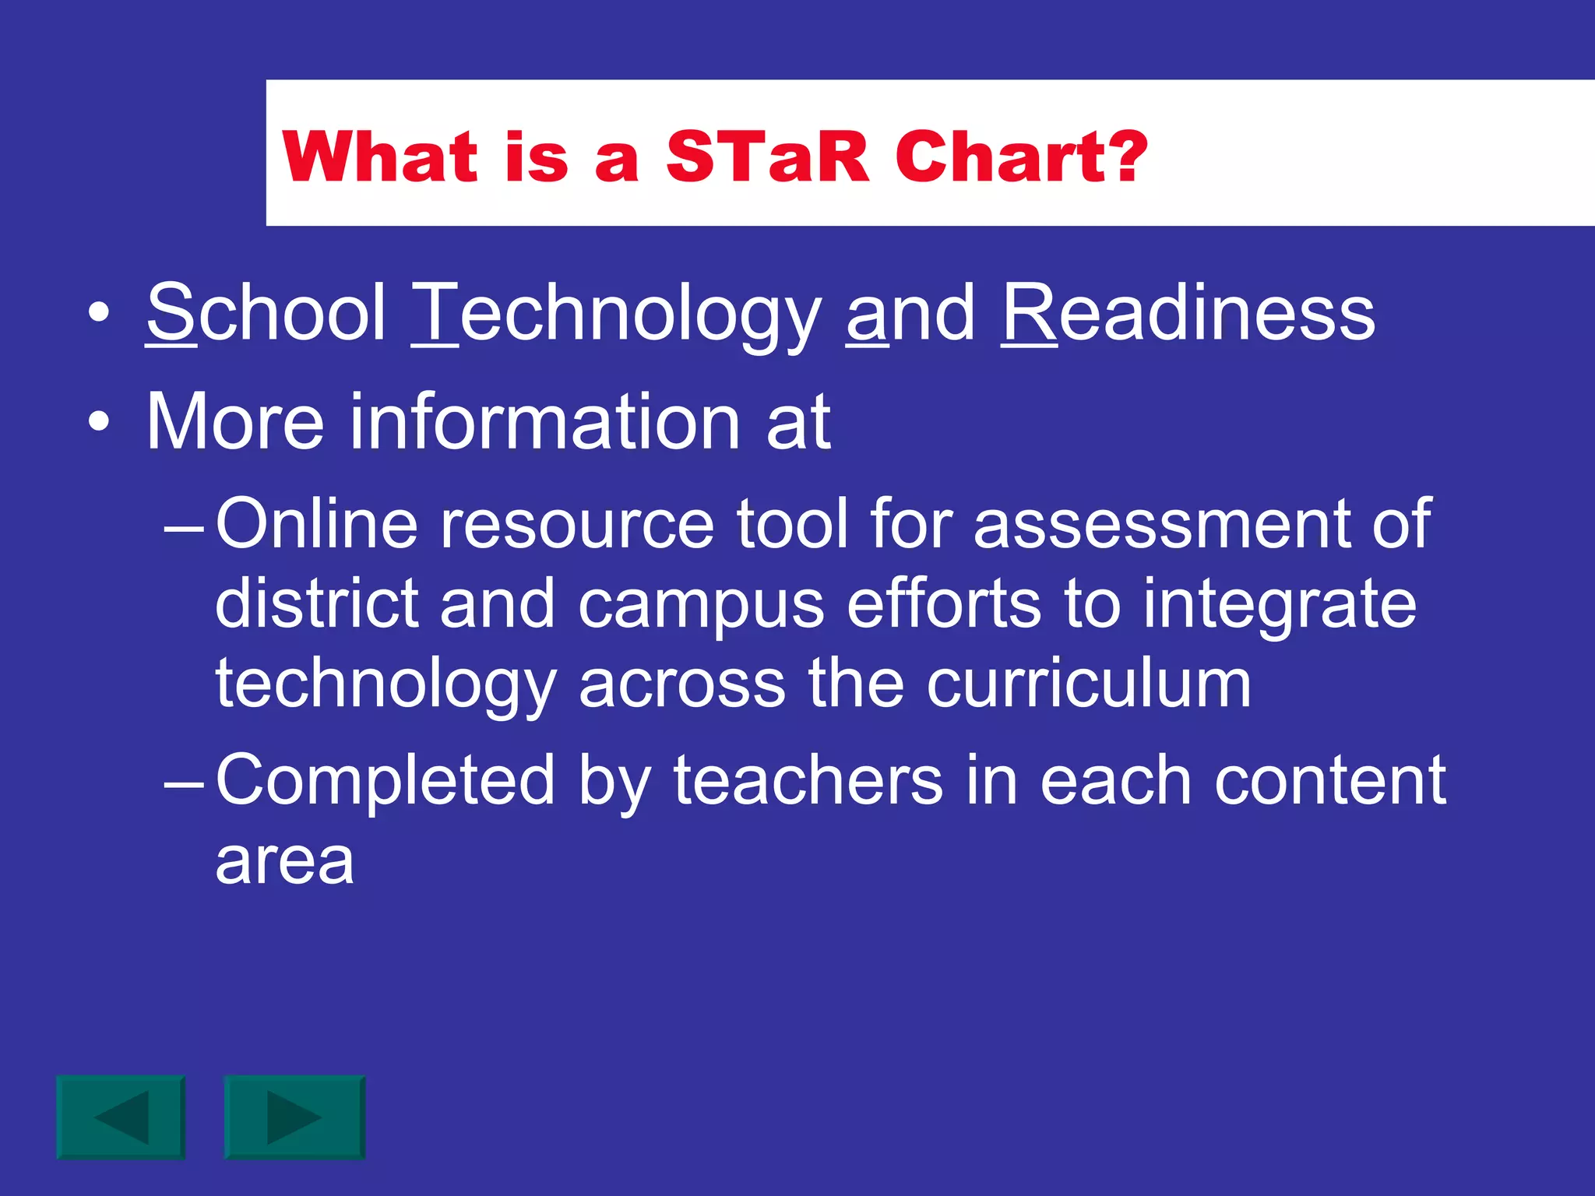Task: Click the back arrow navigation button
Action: [121, 1117]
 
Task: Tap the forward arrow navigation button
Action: [294, 1117]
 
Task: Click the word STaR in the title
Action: [767, 157]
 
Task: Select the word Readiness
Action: [1188, 313]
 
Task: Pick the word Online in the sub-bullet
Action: [316, 523]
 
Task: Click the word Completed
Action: [386, 782]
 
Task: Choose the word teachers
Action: [808, 780]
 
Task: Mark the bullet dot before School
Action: [98, 314]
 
